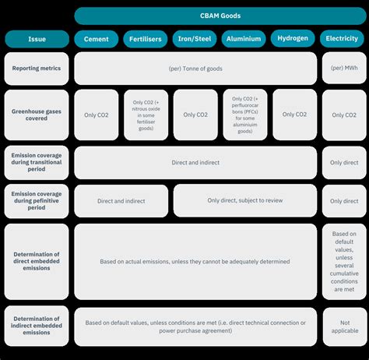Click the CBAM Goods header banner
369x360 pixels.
[220, 16]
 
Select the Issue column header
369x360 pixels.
[37, 39]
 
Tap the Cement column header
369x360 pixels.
[97, 39]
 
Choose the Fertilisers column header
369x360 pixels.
[146, 39]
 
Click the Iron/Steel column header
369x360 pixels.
[195, 39]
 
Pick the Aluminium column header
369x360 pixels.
[244, 39]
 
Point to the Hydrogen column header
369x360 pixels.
[293, 38]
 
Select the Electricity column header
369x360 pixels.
[342, 38]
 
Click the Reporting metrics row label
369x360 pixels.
[37, 69]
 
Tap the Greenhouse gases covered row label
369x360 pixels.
[37, 115]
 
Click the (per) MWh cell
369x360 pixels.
[344, 68]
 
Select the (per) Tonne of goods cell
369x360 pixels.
[195, 69]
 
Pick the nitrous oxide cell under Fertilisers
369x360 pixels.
[146, 115]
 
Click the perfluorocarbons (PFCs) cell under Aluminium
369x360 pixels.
[245, 115]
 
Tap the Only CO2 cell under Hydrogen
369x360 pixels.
[294, 115]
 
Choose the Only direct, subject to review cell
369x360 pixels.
[245, 200]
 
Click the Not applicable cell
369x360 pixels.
[345, 326]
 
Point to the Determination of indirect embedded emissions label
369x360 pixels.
[37, 326]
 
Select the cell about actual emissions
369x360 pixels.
[195, 262]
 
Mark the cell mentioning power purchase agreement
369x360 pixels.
[195, 326]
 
